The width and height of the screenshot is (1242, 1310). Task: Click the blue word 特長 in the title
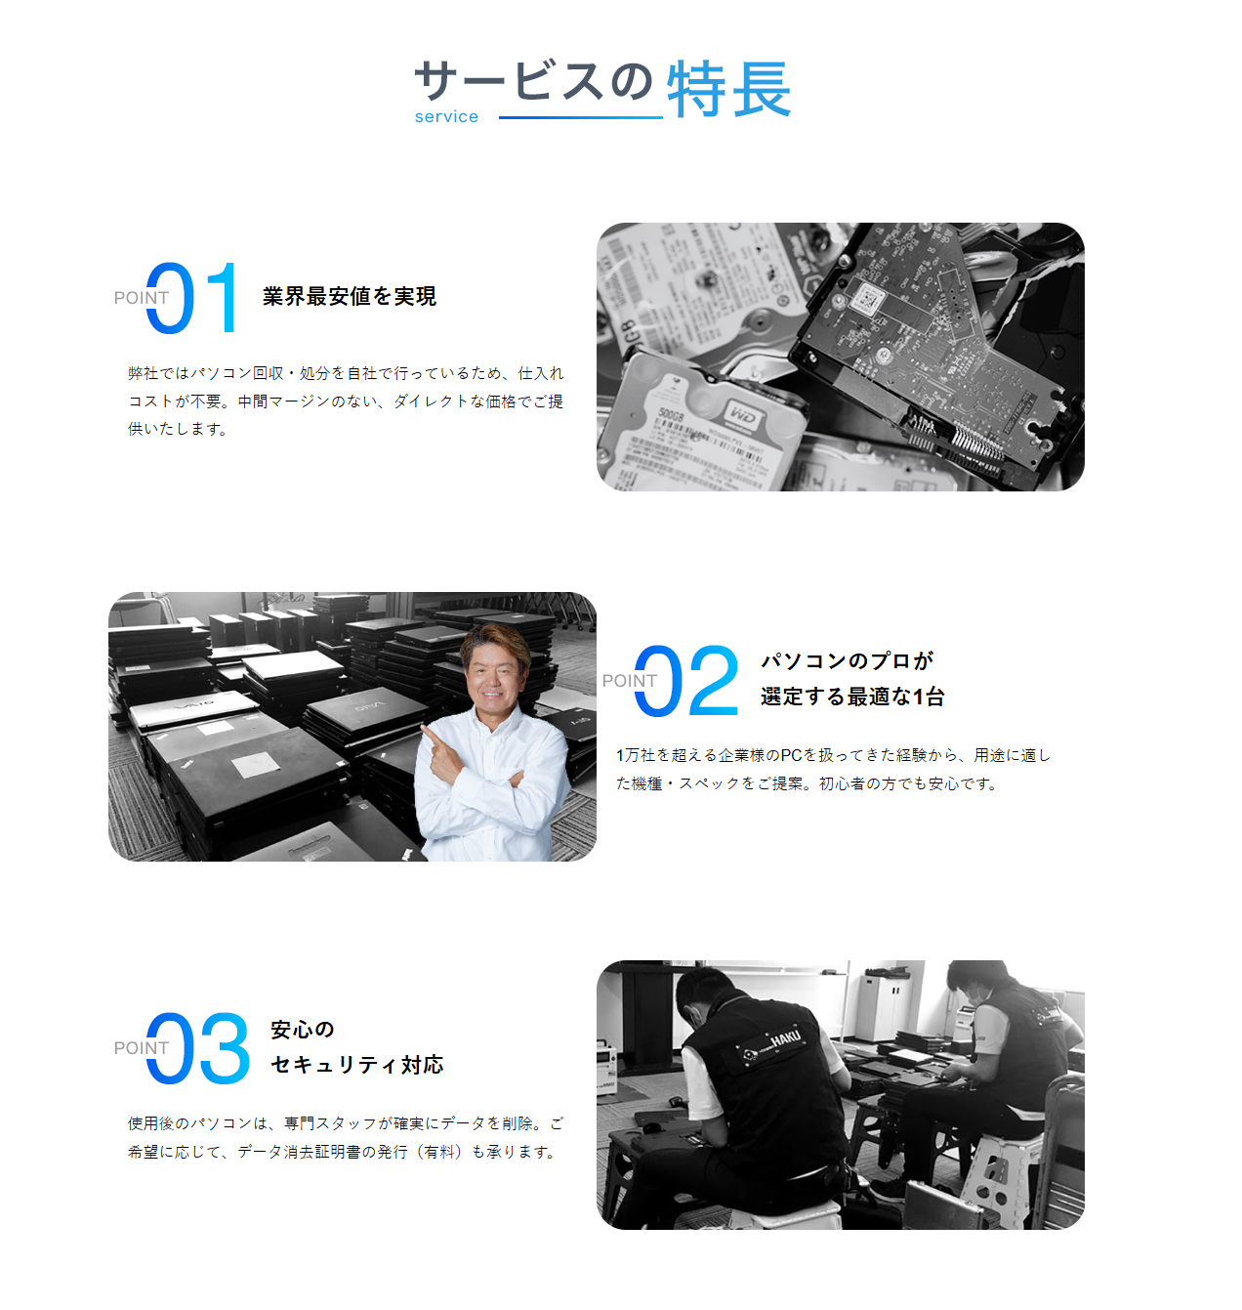pos(728,89)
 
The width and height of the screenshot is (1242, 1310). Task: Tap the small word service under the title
pos(446,116)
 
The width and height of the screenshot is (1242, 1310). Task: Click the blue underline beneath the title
pos(580,118)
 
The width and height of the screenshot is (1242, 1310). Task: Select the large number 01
pos(191,297)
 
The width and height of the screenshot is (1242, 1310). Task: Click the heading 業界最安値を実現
pos(350,297)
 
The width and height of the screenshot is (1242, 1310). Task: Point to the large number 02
pos(686,680)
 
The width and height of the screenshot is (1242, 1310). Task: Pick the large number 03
pos(198,1048)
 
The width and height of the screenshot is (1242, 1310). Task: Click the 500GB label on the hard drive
pos(671,415)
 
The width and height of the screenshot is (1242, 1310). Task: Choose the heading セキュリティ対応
pos(357,1065)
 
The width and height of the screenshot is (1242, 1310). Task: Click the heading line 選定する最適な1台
pos(852,697)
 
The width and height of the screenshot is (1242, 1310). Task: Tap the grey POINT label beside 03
pos(142,1048)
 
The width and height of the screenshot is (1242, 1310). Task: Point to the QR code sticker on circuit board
pos(866,298)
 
